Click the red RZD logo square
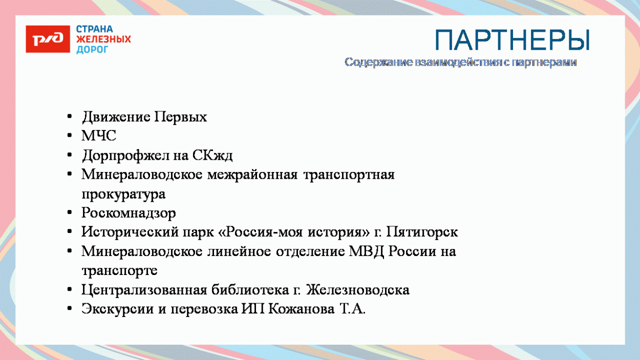click(48, 39)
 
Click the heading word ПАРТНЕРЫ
click(512, 40)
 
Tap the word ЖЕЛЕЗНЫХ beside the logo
click(103, 39)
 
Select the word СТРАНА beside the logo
click(95, 29)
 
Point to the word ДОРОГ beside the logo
click(93, 50)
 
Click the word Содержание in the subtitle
click(378, 62)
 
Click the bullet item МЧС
click(99, 136)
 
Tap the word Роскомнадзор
click(129, 213)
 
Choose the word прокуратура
click(123, 195)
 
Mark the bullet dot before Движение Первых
click(70, 117)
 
